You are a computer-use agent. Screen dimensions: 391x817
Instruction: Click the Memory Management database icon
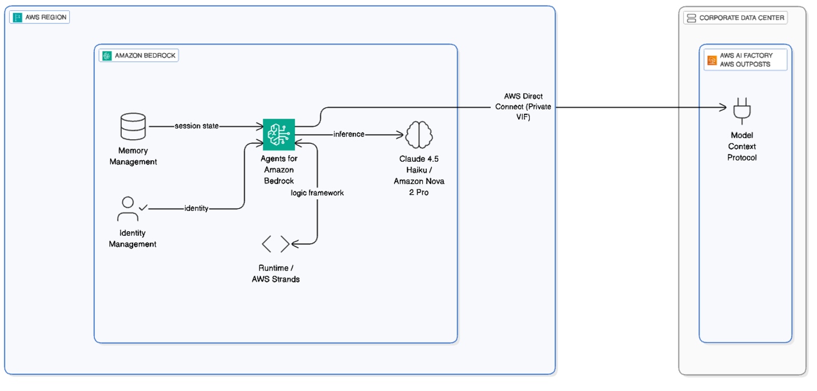(133, 126)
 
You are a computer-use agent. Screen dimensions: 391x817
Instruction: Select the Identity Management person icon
(129, 209)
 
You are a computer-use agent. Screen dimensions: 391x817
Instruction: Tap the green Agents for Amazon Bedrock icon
(278, 134)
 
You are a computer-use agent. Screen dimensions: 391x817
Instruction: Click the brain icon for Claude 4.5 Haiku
(419, 135)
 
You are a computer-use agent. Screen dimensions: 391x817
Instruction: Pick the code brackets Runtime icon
(275, 244)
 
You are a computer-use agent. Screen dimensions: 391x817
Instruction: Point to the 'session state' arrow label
(197, 126)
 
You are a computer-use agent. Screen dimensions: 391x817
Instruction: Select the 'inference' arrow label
(349, 134)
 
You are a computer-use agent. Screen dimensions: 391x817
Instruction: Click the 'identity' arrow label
(196, 208)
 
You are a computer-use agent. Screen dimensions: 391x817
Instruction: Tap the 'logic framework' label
(317, 193)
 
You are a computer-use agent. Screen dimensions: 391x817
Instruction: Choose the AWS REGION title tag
(40, 17)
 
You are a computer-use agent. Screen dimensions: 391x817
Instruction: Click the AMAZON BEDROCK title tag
(139, 55)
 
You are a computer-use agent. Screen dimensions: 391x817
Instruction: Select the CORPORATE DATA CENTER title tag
(735, 18)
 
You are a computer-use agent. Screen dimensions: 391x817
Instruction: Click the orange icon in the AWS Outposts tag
(712, 60)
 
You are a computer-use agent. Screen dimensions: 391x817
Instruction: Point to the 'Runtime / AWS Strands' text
(275, 273)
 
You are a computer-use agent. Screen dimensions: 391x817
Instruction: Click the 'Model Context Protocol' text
(742, 146)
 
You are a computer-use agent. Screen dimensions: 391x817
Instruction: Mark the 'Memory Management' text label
(133, 156)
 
